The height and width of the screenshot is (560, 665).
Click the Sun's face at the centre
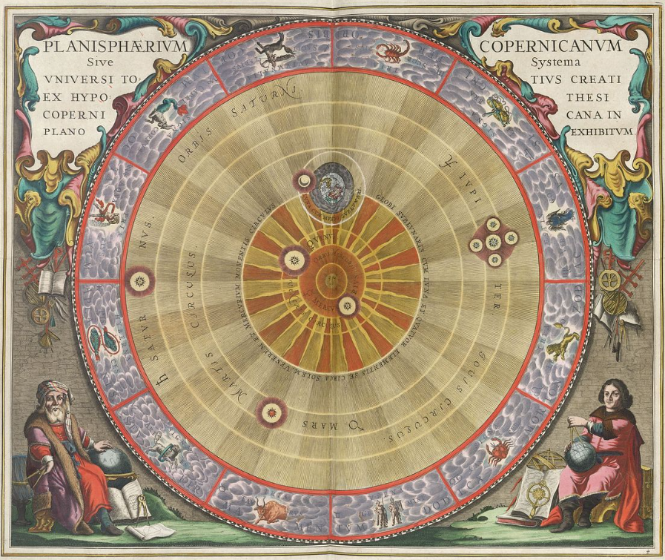tap(331, 281)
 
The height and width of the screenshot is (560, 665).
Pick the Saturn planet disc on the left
tap(138, 280)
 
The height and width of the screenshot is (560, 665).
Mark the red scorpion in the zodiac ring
tap(387, 51)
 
